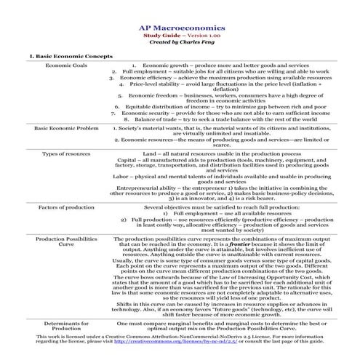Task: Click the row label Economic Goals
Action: coord(67,65)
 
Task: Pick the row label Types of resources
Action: coord(67,154)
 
